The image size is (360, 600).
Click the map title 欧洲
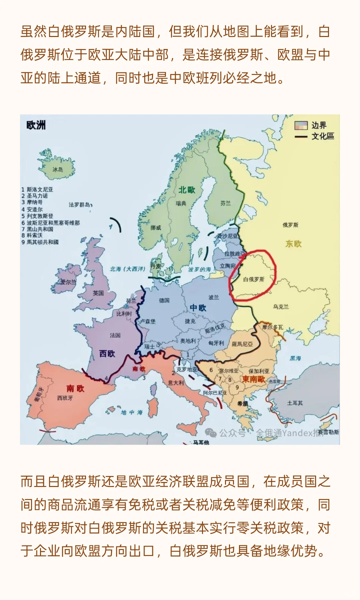point(36,125)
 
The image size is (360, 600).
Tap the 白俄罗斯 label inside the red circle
point(253,279)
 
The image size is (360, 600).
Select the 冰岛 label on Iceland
point(57,169)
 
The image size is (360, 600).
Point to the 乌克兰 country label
point(281,306)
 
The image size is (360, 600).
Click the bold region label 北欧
point(187,190)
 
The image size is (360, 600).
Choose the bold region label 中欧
point(198,308)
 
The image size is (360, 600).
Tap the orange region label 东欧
point(293,244)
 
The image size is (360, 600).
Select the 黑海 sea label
point(295,358)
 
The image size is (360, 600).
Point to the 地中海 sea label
point(131,412)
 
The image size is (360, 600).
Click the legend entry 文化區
point(322,136)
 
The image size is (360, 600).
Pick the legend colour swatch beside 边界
point(301,125)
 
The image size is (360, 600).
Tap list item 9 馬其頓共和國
point(40,242)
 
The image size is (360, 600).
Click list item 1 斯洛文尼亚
point(37,189)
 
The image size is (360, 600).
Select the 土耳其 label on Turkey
point(295,403)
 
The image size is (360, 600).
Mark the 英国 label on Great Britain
point(98,293)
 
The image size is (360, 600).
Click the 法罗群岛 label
point(79,204)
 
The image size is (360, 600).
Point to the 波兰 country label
point(214,297)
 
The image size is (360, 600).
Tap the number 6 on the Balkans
point(211,370)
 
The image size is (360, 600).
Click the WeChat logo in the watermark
point(210,433)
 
